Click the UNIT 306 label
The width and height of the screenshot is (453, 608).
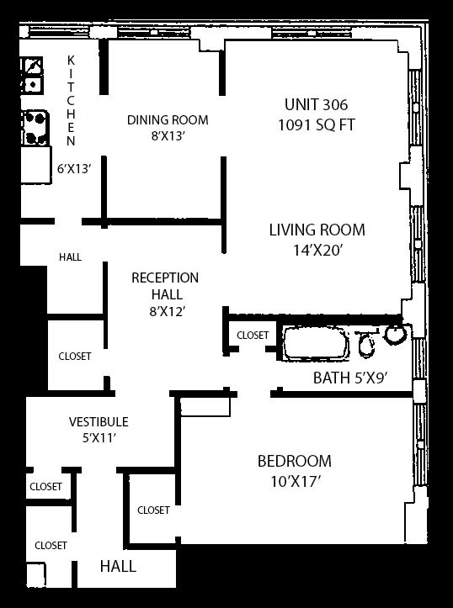317,104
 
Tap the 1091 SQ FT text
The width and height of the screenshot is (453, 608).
317,125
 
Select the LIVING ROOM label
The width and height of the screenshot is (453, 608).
317,230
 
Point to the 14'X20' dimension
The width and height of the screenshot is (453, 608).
317,250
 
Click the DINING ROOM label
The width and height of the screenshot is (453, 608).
168,119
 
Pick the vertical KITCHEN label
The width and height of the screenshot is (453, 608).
71,101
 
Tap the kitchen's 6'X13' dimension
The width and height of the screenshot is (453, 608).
74,169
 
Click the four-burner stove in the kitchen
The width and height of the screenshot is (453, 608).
35,128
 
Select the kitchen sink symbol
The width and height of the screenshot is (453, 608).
32,75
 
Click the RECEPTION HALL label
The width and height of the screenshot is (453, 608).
165,286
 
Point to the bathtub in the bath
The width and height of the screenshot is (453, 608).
315,344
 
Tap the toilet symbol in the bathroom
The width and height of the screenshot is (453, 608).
365,343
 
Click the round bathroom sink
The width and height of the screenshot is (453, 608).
396,334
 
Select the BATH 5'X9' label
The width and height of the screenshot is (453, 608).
350,378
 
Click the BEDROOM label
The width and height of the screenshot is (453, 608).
295,461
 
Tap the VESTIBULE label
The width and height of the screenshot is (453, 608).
99,421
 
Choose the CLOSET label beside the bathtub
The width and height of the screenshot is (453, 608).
253,335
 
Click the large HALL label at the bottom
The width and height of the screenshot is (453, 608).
118,567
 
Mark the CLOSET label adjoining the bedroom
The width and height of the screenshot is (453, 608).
153,510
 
